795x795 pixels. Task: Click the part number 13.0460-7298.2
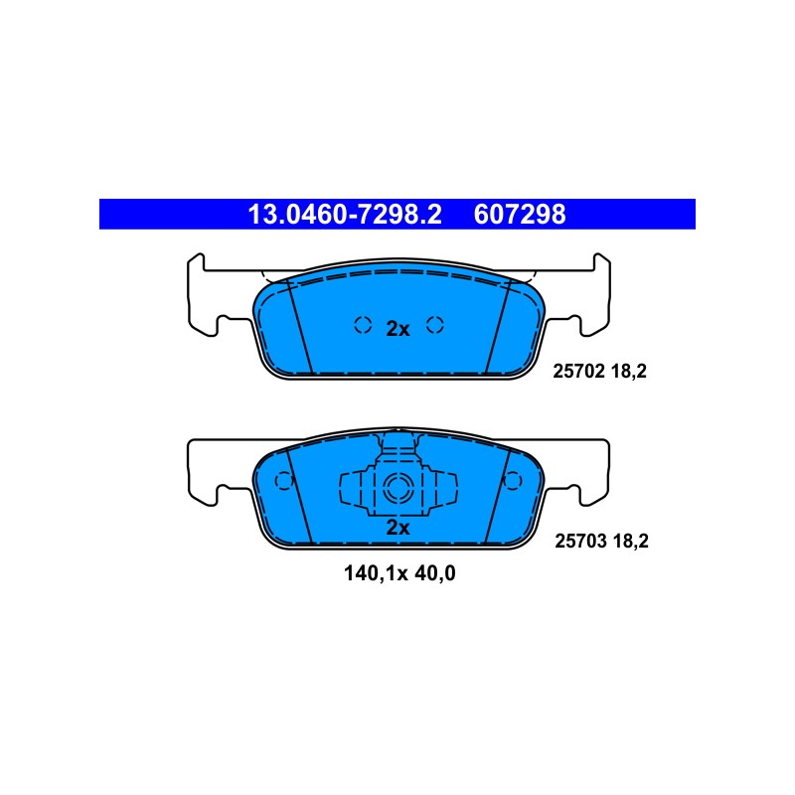click(345, 215)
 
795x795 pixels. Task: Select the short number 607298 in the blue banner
click(520, 215)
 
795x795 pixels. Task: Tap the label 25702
click(579, 372)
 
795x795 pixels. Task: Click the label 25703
click(581, 541)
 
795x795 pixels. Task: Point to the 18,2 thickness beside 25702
click(629, 372)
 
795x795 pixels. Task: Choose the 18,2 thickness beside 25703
click(631, 541)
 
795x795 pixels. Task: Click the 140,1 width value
click(371, 573)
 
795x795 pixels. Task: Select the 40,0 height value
click(435, 573)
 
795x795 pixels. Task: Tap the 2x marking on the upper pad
click(398, 329)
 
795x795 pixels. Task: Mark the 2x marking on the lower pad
click(398, 528)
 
